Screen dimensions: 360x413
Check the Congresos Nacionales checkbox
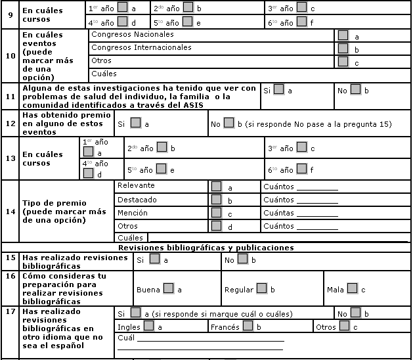coord(343,35)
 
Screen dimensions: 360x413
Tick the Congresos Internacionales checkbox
coord(343,48)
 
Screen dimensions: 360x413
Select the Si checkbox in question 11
coord(278,89)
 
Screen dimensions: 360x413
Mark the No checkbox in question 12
coord(228,122)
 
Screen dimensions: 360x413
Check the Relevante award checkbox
coord(216,186)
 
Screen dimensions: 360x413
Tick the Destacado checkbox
coord(216,200)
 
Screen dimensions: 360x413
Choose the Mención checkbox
coord(216,213)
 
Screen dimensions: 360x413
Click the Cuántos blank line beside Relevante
coord(317,189)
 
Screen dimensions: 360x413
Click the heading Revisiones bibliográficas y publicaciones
coord(206,248)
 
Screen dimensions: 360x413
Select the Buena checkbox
coord(168,288)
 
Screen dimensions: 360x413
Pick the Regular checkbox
coord(261,288)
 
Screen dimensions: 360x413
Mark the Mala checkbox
coord(352,288)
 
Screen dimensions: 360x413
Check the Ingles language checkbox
coord(148,325)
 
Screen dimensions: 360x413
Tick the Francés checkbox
coord(248,325)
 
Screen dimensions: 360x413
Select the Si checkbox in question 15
coord(154,259)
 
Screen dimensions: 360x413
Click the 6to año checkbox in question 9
coord(301,21)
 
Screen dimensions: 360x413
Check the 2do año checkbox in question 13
coord(162,147)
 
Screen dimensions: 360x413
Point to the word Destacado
coord(137,200)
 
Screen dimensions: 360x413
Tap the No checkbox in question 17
coord(355,312)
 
